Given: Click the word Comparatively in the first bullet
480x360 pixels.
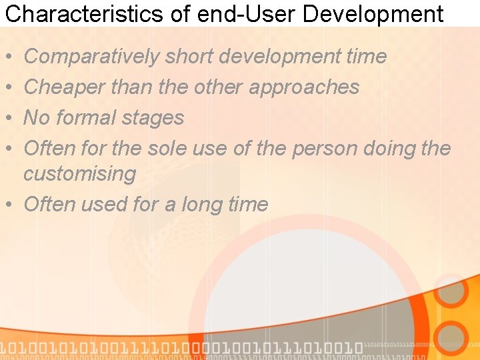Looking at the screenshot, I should [91, 57].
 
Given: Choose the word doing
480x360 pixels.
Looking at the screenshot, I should [394, 149].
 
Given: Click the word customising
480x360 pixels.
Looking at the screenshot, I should [79, 174].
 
